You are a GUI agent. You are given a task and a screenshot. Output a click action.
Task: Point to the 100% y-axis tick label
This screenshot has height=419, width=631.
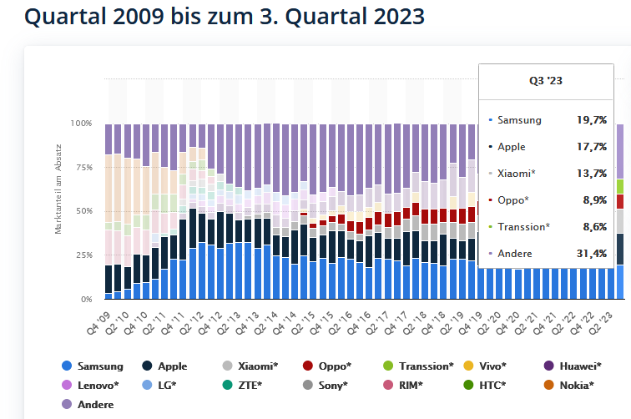coord(81,124)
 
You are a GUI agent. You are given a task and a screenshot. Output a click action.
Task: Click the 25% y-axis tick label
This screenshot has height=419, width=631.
coord(83,255)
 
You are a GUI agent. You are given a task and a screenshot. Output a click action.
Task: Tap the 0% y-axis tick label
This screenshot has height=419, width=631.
coord(86,299)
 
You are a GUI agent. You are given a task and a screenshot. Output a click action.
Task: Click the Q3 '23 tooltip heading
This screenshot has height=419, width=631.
coord(545,81)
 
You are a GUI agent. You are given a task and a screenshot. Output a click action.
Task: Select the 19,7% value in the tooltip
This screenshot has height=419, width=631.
coord(591,120)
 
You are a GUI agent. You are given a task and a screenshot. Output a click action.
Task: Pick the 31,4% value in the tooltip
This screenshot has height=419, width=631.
coord(591,253)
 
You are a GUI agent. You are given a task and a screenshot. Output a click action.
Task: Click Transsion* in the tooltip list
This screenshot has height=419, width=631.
coord(523,226)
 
